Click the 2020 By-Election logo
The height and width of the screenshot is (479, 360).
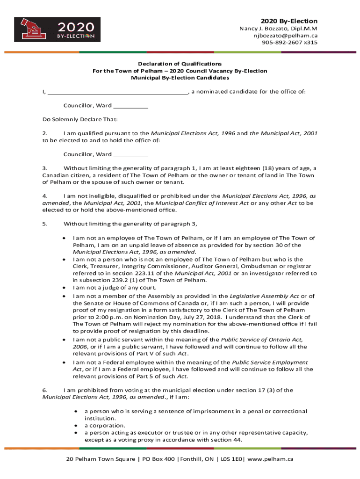coord(57,29)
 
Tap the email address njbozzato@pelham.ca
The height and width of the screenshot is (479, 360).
coord(286,36)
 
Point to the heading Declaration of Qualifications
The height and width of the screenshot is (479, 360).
coord(180,64)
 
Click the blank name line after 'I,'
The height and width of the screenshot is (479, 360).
coord(117,92)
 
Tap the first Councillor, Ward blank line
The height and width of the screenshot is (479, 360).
coord(130,106)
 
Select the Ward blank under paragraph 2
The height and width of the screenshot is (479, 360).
coord(130,154)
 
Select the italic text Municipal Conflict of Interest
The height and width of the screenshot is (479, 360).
coord(202,203)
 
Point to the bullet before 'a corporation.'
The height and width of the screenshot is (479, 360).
coord(75,426)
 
